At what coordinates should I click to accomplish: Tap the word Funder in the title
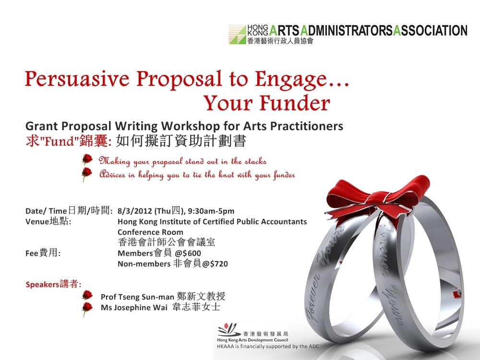pyautogui.click(x=295, y=103)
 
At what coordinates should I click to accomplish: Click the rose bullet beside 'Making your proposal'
pyautogui.click(x=87, y=159)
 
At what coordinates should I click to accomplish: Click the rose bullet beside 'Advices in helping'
pyautogui.click(x=87, y=174)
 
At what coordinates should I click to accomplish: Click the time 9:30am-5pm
pyautogui.click(x=211, y=211)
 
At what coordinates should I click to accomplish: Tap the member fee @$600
pyautogui.click(x=188, y=253)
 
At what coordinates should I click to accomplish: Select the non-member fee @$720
pyautogui.click(x=215, y=264)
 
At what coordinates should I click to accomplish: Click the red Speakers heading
pyautogui.click(x=54, y=284)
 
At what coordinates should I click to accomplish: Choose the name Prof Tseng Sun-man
pyautogui.click(x=137, y=297)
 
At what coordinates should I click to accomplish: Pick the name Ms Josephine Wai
pyautogui.click(x=134, y=307)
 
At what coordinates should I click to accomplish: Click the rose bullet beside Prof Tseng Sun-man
pyautogui.click(x=87, y=295)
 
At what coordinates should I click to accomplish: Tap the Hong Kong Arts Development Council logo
pyautogui.click(x=252, y=333)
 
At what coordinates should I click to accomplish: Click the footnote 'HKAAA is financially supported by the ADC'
pyautogui.click(x=268, y=346)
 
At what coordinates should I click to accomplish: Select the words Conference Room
pyautogui.click(x=150, y=232)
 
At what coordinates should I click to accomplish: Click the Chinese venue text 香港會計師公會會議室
pyautogui.click(x=167, y=242)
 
